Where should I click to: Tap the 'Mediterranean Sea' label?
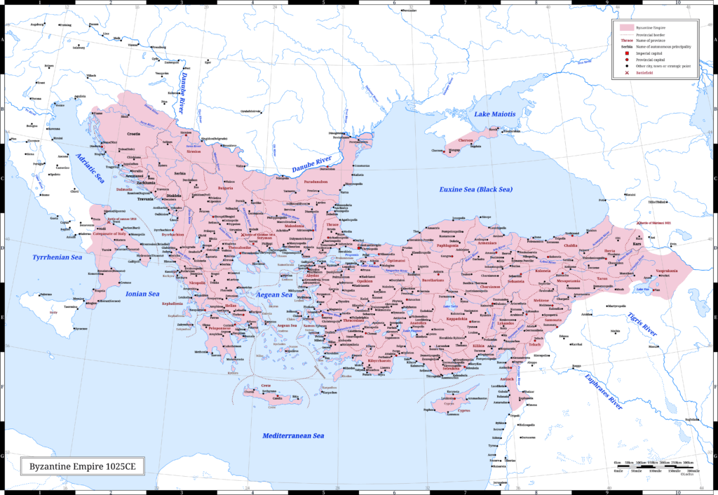(x=292, y=435)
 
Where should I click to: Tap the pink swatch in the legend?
(x=628, y=27)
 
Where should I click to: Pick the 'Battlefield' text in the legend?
(x=645, y=73)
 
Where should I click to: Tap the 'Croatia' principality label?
(x=133, y=133)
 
